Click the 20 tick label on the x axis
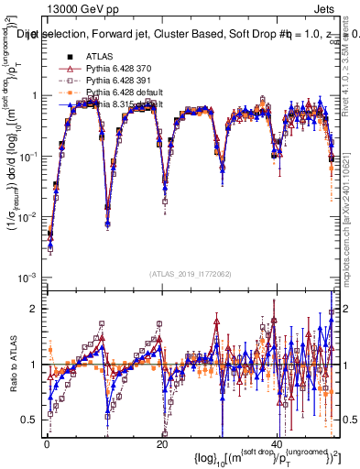pos(162,442)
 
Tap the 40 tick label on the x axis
pos(278,442)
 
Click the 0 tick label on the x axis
pos(47,442)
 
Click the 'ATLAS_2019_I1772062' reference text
pos(191,275)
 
